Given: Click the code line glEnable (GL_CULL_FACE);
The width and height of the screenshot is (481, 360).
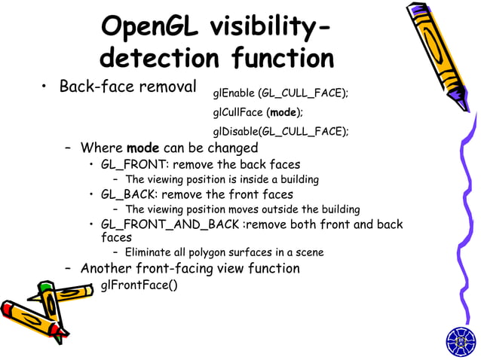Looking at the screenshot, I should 280,93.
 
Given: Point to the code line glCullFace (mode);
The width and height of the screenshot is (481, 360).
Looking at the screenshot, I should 258,112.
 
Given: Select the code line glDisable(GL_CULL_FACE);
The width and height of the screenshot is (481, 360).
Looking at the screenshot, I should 280,131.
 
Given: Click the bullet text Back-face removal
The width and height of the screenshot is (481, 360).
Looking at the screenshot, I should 127,87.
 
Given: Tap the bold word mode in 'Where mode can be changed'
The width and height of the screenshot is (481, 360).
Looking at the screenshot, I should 142,148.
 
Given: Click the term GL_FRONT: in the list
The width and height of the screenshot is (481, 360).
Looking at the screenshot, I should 131,164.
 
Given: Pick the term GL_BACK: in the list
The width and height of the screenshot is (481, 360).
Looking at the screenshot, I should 128,194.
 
